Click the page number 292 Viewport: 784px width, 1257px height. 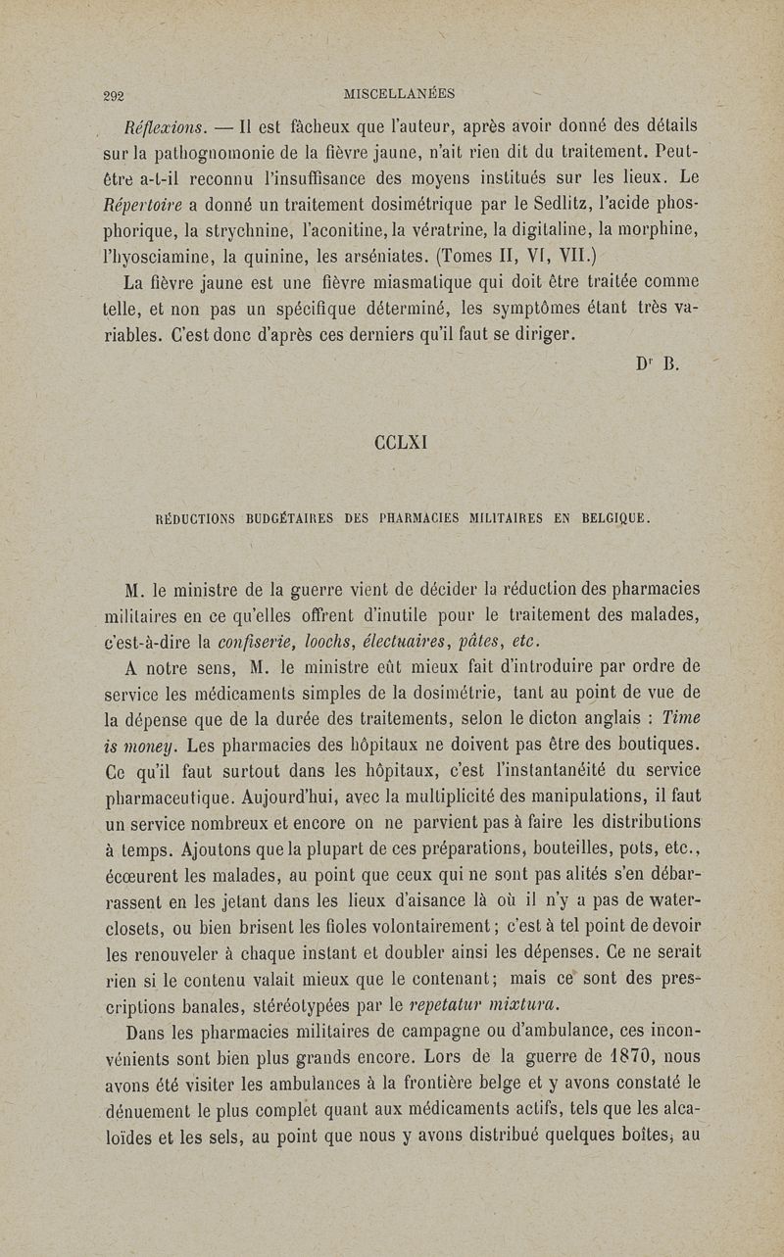click(119, 96)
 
